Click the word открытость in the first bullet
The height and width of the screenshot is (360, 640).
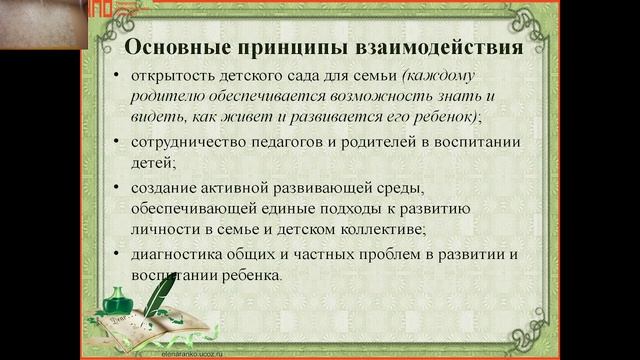171,76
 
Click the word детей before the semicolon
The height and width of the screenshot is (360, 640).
150,163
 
